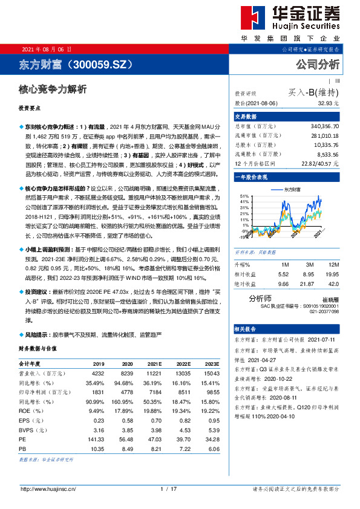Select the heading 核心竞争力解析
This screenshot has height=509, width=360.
click(x=53, y=89)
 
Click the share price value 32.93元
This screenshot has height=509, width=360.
click(x=327, y=103)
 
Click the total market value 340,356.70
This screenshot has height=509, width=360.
click(x=324, y=126)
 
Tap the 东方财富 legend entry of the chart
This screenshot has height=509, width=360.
click(x=297, y=189)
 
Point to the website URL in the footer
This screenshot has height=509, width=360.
click(x=48, y=488)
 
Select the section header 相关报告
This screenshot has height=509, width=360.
click(x=246, y=329)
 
